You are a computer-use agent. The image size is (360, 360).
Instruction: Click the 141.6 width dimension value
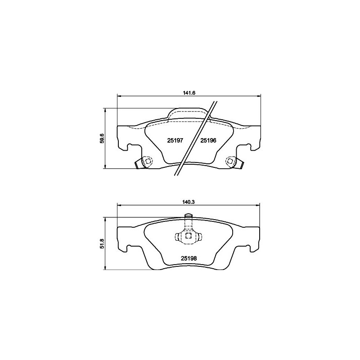(189, 93)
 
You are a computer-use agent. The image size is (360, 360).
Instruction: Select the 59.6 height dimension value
(103, 139)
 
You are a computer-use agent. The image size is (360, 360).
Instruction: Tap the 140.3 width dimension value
(189, 202)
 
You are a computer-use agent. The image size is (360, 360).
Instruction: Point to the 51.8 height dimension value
(103, 243)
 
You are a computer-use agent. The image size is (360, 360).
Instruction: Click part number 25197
(175, 140)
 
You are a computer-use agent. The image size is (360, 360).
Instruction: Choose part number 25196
(208, 140)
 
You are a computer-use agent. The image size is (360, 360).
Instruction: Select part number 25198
(189, 258)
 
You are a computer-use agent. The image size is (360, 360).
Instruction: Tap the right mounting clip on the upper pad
(234, 162)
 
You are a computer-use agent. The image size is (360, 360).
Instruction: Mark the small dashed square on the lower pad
(189, 236)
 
